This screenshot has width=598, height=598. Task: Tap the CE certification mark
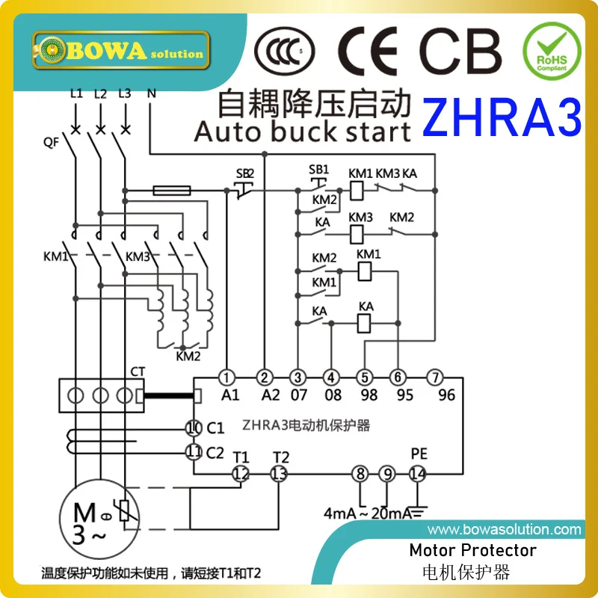(371, 51)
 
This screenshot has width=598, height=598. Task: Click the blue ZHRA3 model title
(502, 118)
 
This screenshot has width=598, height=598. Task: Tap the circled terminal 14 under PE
(417, 473)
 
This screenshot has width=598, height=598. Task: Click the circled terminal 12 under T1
(241, 473)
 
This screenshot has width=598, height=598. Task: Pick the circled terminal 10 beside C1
(194, 428)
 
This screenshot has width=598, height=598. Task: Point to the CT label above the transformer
(138, 372)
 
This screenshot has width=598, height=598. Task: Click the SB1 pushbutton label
(318, 169)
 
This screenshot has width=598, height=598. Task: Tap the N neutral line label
(152, 94)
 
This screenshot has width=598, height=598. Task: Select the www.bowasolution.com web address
(504, 530)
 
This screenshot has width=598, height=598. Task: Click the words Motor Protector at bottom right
(472, 551)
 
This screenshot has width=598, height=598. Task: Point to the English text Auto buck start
(302, 132)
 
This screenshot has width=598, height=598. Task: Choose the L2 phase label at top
(100, 94)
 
